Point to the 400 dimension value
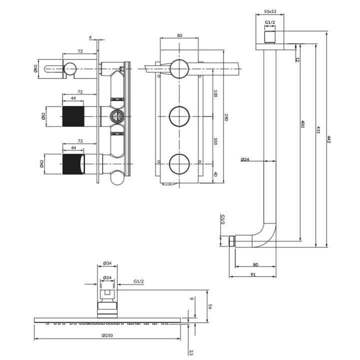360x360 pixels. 302,124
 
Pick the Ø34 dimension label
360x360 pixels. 106,263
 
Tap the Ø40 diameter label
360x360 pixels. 36,68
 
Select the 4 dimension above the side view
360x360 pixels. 90,37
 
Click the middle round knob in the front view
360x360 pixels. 179,116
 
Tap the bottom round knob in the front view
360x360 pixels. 179,164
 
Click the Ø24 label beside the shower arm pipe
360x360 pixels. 245,159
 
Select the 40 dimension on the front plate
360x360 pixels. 215,174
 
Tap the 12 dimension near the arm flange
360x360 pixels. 297,59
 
